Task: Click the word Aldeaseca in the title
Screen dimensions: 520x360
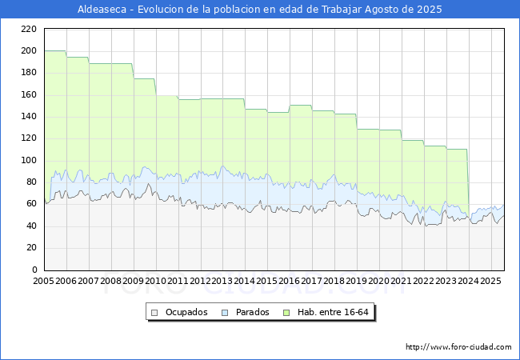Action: [x=102, y=10]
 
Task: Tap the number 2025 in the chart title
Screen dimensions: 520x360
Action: [x=430, y=10]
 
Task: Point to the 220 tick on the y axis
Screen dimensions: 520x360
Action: [x=29, y=29]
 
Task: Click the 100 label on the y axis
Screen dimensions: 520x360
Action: [x=29, y=161]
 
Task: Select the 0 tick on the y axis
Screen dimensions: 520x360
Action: [x=34, y=270]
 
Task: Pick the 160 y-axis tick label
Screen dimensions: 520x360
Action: [x=29, y=95]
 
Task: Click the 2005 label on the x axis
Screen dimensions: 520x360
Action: [x=43, y=281]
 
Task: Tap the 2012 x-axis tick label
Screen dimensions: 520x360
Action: [x=200, y=281]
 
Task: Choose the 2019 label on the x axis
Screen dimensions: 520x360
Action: [x=357, y=281]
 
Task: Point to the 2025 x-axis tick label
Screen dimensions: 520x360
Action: [x=490, y=281]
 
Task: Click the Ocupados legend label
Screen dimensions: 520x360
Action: [x=186, y=312]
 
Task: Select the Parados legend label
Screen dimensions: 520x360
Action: [x=252, y=312]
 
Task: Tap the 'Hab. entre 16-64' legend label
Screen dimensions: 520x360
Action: [x=333, y=312]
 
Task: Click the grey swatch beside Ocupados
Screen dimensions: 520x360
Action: [x=154, y=313]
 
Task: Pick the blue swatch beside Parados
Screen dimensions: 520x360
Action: [x=225, y=313]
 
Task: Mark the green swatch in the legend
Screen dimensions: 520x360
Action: [x=286, y=313]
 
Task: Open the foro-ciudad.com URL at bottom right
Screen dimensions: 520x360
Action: [x=458, y=347]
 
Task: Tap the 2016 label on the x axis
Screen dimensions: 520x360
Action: [x=290, y=281]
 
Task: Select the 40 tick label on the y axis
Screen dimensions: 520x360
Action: [x=31, y=226]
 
